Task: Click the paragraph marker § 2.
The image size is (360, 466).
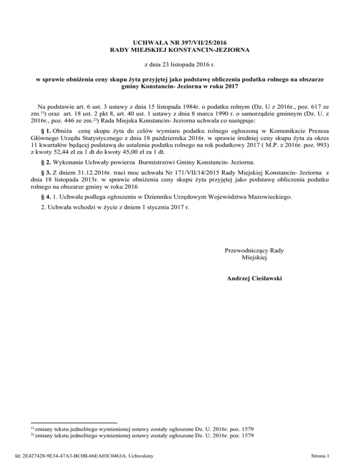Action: (47, 164)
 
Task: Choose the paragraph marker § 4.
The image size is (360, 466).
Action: (47, 197)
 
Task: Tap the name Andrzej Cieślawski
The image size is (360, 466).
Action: (254, 278)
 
